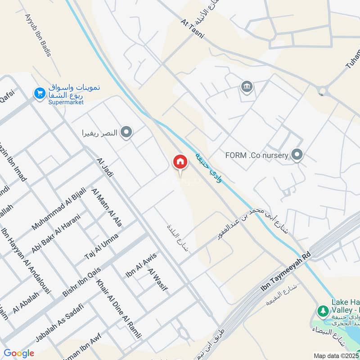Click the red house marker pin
click(180, 162)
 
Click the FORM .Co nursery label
click(257, 156)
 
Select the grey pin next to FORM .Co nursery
click(297, 156)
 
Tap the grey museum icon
click(246, 86)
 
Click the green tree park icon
click(323, 310)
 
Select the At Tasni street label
click(193, 29)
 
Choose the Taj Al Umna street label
click(102, 246)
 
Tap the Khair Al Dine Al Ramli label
click(119, 308)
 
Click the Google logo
click(18, 353)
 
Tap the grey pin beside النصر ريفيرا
click(127, 133)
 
